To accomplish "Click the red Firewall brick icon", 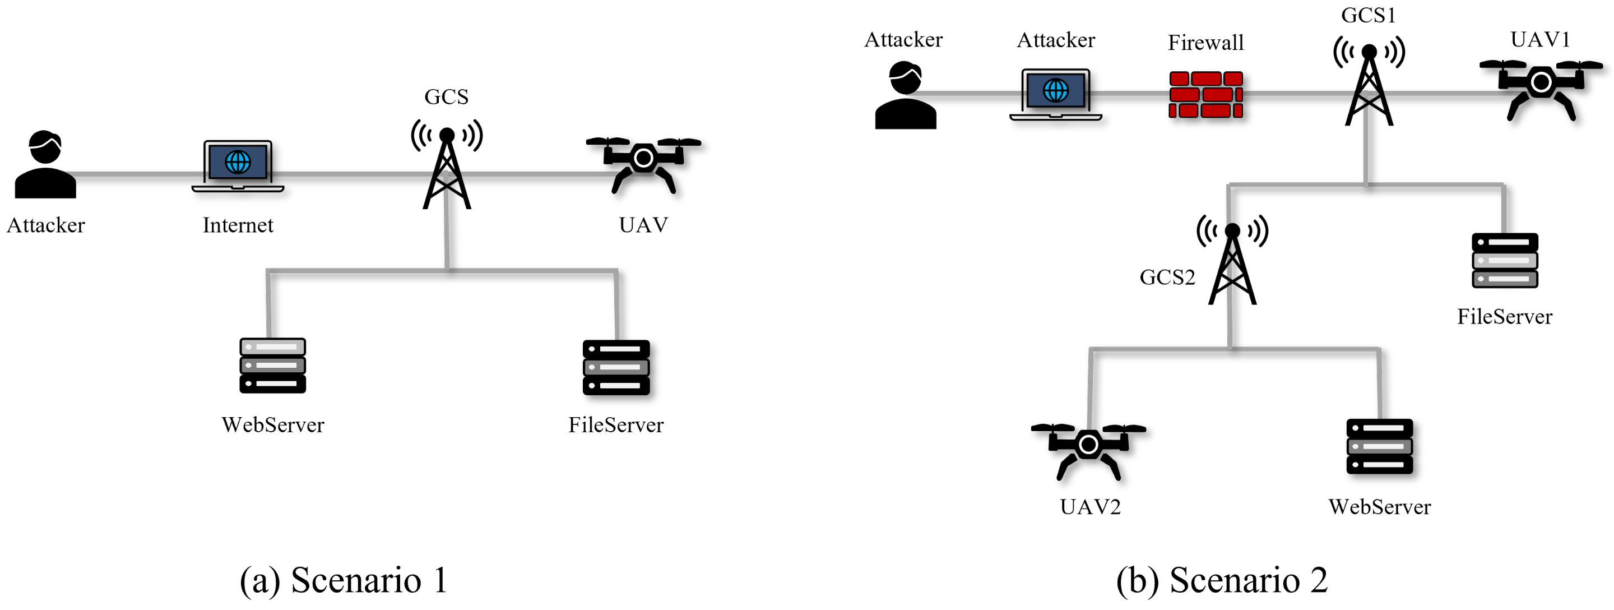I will (x=1205, y=95).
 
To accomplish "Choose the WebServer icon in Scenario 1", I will (x=272, y=366).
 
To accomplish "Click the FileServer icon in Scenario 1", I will (x=616, y=367).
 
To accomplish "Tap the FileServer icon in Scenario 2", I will (x=1504, y=260).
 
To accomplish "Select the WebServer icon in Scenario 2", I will (x=1379, y=446).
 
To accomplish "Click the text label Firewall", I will (x=1205, y=43).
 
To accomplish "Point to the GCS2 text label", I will (x=1167, y=277).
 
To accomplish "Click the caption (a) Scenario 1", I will (x=344, y=579).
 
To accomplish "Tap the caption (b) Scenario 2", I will (x=1222, y=579).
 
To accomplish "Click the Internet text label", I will (x=238, y=225).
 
